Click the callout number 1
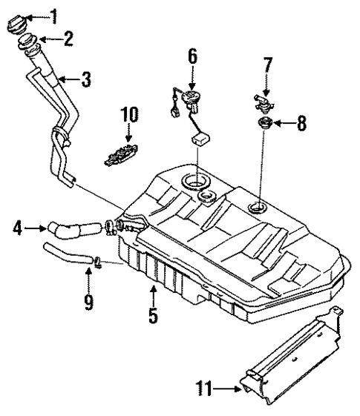[x=52, y=13]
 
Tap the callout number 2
[x=68, y=39]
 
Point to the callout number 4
[x=16, y=228]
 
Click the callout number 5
[x=152, y=315]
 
